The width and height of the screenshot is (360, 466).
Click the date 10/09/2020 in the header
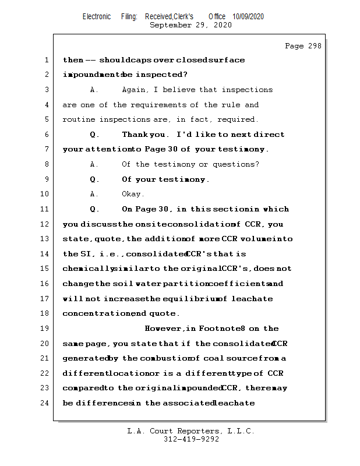pos(248,16)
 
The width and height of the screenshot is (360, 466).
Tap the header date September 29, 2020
pos(190,25)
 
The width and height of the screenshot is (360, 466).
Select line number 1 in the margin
pos(45,60)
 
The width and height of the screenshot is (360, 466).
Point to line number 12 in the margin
pos(44,224)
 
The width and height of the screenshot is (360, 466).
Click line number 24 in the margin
pos(44,403)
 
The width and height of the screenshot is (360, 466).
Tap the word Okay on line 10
pos(133,194)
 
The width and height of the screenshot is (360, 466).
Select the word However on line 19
pos(165,329)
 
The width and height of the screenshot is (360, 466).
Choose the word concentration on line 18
pos(96,313)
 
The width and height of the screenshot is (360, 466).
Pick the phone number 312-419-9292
pos(190,439)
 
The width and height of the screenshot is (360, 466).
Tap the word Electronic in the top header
pos(97,16)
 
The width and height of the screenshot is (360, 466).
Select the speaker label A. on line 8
pos(94,164)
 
